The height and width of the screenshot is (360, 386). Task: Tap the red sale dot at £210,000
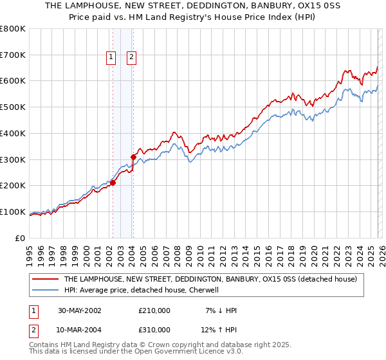(113, 183)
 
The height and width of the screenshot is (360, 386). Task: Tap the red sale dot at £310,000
(133, 156)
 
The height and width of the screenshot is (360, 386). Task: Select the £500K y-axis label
(13, 107)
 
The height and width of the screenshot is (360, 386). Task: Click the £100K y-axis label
(13, 212)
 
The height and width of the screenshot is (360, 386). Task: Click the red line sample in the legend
(45, 280)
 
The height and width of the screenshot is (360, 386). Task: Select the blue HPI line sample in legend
(45, 290)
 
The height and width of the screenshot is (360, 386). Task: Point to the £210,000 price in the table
(154, 310)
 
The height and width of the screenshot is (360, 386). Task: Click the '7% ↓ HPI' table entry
(220, 310)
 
